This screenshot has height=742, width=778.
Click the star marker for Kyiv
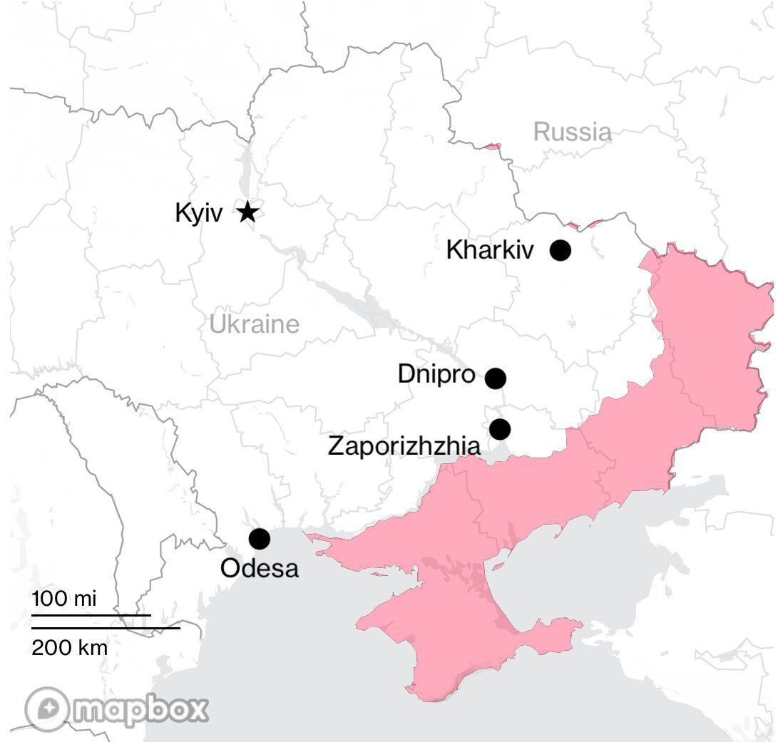coord(247,212)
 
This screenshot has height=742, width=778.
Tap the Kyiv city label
coord(199,213)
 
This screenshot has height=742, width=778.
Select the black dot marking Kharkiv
coord(561,250)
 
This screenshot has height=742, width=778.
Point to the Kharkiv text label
coord(489,250)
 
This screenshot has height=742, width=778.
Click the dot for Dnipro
coord(496,378)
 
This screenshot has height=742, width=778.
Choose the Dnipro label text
coord(436,374)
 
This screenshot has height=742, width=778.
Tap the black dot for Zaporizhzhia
coord(500,429)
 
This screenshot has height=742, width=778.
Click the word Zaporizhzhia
coord(404,446)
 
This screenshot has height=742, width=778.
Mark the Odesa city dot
coord(260,539)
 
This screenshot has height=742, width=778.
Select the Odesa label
coord(260,568)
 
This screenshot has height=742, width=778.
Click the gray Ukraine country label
coord(255,324)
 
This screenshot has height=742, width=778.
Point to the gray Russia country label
coord(572,132)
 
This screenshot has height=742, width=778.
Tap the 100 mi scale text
coord(64,598)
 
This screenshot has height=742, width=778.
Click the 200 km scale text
coord(70,647)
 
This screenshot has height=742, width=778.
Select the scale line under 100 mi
coord(91,614)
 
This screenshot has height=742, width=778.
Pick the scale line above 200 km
coord(106,629)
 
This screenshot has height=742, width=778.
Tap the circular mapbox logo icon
coord(48,709)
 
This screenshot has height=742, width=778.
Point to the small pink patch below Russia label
coord(492,147)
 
